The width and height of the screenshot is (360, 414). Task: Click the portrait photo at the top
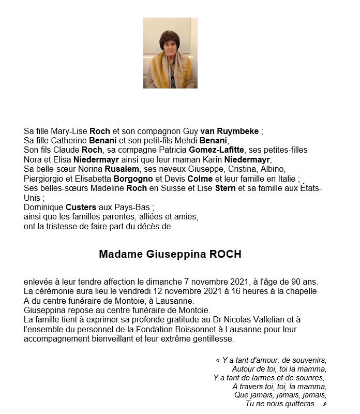pos(170,53)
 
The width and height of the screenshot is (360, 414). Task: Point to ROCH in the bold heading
pos(225,254)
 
